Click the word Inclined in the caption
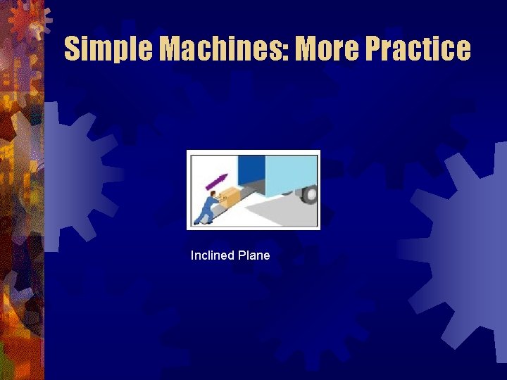[x=212, y=255]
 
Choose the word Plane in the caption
[x=254, y=255]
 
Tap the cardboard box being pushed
[x=229, y=198]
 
